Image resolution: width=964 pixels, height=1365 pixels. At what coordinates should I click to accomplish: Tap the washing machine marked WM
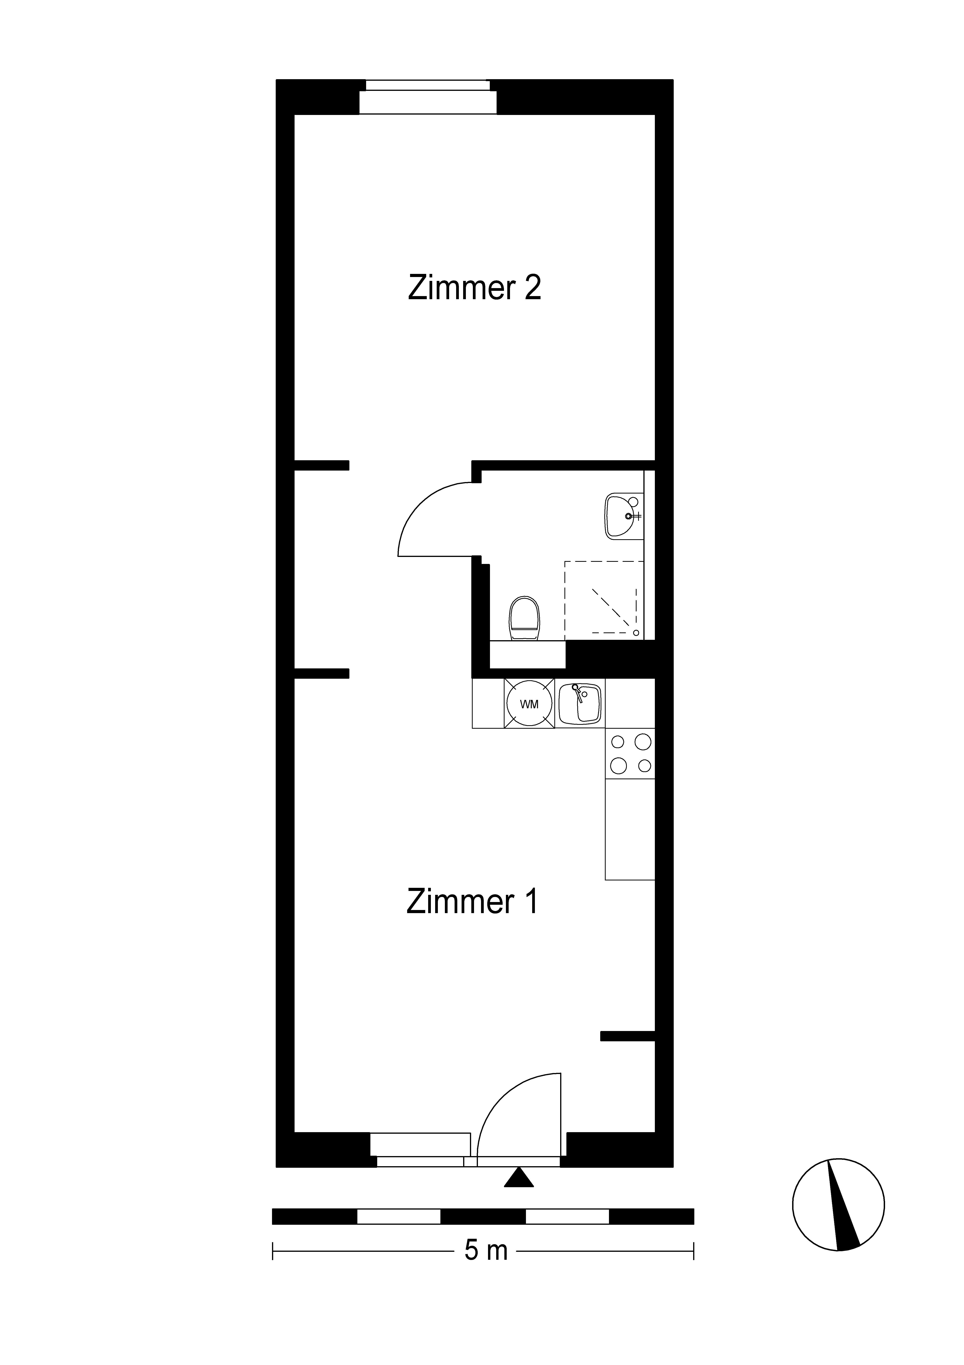tap(529, 704)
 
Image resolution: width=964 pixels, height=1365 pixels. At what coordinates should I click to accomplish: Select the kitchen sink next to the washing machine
tap(580, 704)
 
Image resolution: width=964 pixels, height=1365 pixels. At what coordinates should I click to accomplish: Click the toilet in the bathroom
tap(524, 618)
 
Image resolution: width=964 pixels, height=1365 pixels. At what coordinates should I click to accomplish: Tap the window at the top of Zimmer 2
tap(428, 96)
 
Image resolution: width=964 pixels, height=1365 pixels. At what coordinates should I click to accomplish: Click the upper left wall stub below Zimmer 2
tap(322, 466)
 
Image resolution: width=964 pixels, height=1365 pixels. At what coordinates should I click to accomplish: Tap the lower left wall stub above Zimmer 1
tap(322, 674)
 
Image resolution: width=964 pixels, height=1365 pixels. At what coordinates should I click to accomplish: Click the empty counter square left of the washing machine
tap(488, 703)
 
